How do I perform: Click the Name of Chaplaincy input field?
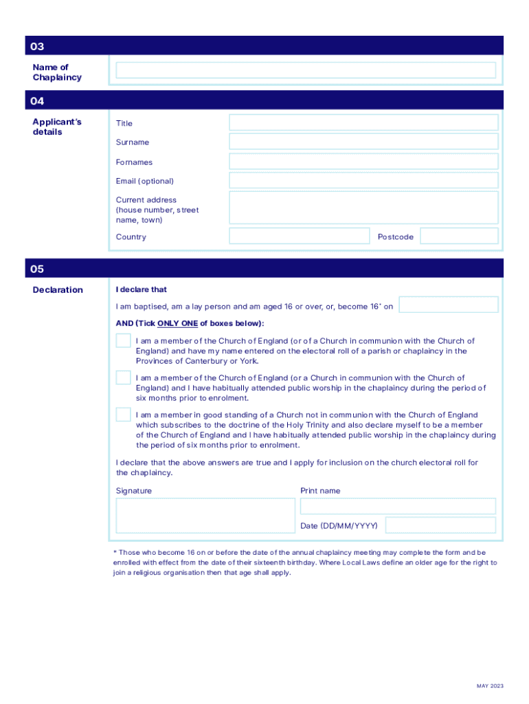pos(306,70)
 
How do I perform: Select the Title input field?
pos(363,122)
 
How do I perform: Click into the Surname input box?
pos(363,142)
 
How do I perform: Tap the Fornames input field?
pos(363,162)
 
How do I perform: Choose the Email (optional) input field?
pos(363,181)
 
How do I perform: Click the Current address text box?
pos(363,208)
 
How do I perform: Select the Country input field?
pos(299,236)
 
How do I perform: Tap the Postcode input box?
pos(459,236)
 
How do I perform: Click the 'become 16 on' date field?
pos(449,305)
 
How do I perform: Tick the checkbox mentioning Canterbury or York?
pos(124,341)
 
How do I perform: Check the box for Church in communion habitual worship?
pos(124,377)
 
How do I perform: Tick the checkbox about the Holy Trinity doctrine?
pos(124,415)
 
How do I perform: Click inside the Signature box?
pos(205,516)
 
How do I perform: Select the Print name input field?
pos(398,507)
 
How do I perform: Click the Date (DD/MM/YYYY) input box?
pos(440,525)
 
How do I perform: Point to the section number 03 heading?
pos(37,47)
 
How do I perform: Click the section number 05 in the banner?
pos(37,269)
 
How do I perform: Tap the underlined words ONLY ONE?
pos(177,323)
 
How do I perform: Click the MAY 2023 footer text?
pos(491,686)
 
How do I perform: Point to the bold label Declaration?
pos(58,290)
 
